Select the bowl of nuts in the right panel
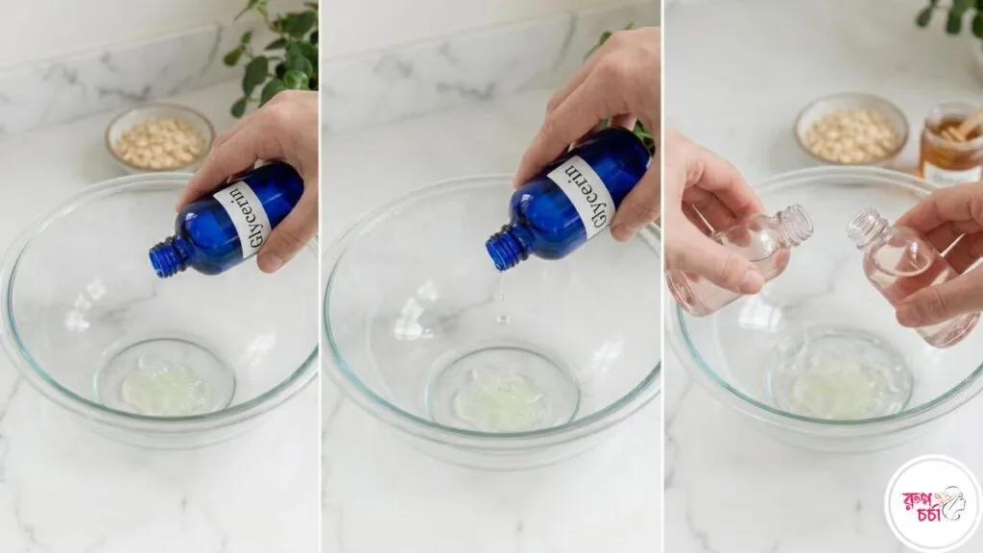click(x=851, y=130)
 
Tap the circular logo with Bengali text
click(x=933, y=503)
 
